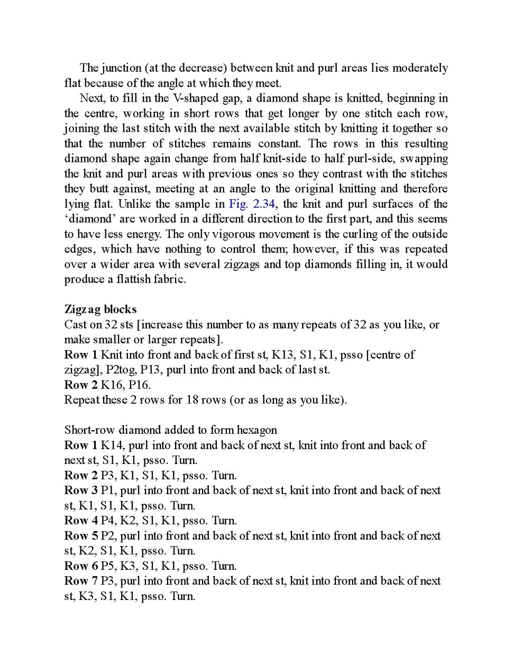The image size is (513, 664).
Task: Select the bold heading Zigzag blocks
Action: pos(100,309)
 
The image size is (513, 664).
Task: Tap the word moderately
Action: pos(420,68)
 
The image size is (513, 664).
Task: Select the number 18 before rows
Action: pos(192,399)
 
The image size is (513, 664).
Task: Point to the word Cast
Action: pos(75,324)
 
